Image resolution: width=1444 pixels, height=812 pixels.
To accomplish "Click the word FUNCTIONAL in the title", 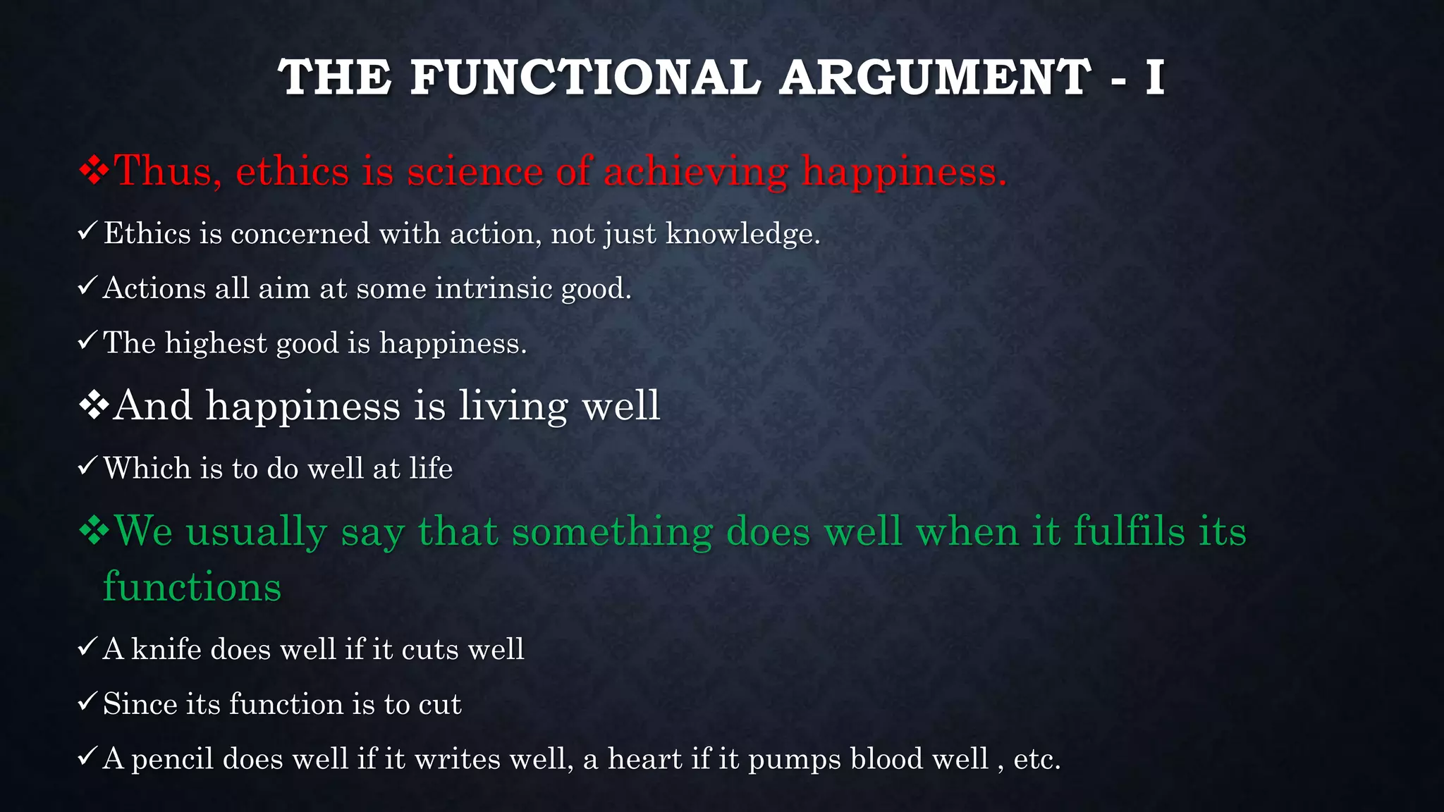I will point(585,77).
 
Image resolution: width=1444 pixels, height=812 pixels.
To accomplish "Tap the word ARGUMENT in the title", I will point(936,77).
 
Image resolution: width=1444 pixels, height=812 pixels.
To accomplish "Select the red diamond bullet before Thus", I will point(94,171).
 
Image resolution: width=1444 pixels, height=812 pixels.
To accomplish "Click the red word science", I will point(475,172).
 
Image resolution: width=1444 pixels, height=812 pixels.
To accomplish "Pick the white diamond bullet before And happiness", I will point(94,406).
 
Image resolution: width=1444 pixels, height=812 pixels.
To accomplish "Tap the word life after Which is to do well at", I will point(431,469).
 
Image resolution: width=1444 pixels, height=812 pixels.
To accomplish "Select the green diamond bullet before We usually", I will point(94,531).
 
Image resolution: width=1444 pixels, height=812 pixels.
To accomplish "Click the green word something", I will point(612,531).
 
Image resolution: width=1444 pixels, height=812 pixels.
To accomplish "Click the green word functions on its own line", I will point(192,586).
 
